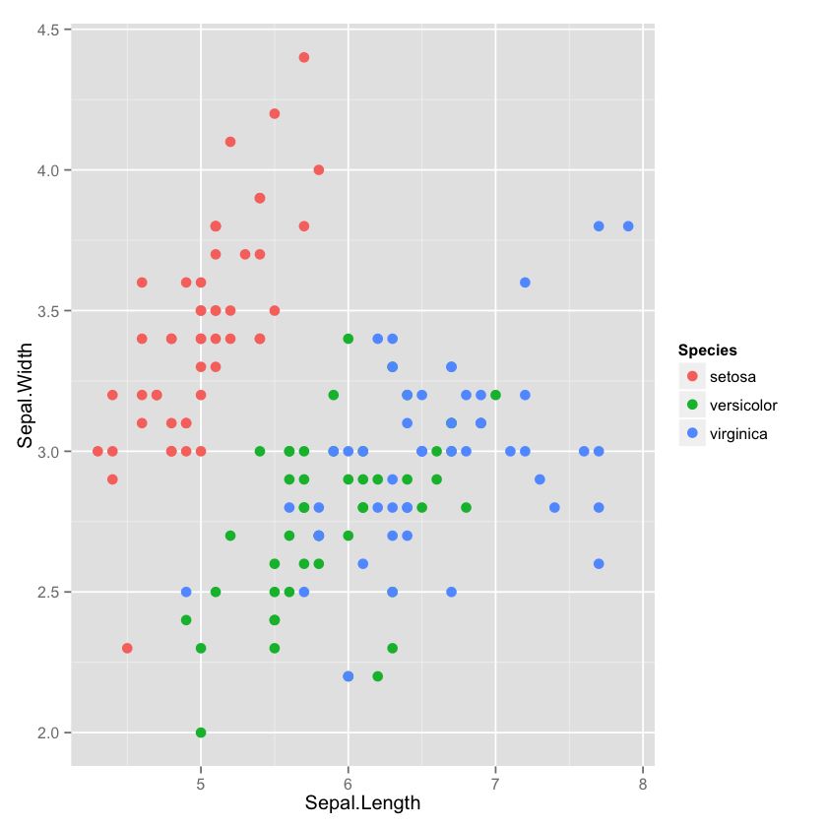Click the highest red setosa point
click(x=304, y=57)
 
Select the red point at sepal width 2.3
click(x=127, y=648)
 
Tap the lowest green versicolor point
click(x=201, y=732)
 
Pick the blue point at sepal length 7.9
click(x=628, y=226)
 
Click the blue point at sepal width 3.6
click(x=525, y=283)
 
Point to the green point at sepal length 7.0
click(x=495, y=395)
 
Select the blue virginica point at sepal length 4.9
click(x=186, y=592)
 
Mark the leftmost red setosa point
click(x=97, y=451)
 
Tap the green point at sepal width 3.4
click(x=348, y=339)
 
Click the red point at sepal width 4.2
click(x=275, y=113)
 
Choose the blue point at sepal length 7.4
click(x=554, y=507)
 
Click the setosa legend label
click(x=732, y=377)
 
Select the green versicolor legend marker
click(x=692, y=405)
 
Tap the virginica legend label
click(x=738, y=433)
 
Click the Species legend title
click(x=708, y=350)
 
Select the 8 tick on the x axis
click(x=642, y=784)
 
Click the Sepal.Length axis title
click(x=362, y=803)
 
